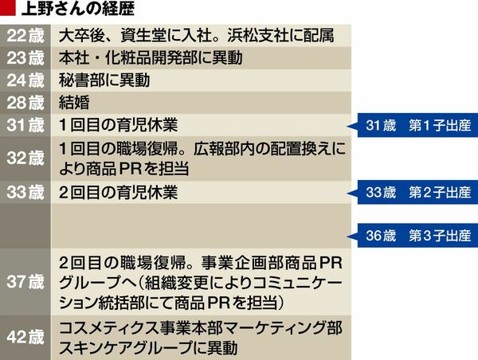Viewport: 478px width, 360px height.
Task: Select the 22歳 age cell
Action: (x=26, y=36)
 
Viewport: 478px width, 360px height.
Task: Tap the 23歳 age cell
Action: (x=26, y=58)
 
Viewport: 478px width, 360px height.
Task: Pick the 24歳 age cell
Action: (x=26, y=80)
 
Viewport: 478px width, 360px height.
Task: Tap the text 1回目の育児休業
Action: (x=119, y=125)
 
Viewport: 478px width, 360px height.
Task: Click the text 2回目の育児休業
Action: (x=119, y=192)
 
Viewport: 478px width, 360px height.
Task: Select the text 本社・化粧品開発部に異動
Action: (x=151, y=58)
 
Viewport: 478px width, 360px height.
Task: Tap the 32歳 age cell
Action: (x=26, y=158)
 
